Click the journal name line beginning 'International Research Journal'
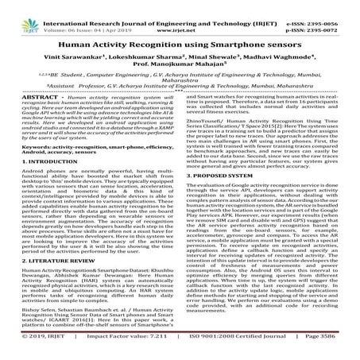coord(180,6)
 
